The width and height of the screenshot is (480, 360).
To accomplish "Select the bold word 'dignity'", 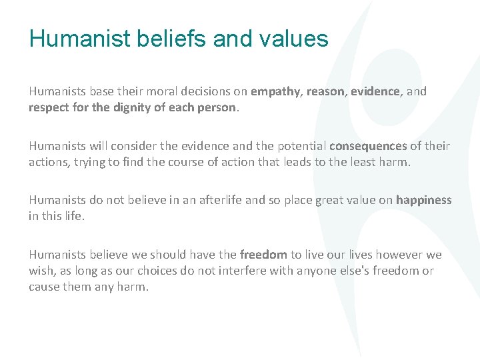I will point(131,107).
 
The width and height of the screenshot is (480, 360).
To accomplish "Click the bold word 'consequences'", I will point(367,146).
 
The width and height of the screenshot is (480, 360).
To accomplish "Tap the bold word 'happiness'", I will point(424,200).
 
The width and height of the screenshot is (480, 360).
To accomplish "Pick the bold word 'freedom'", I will point(263,255).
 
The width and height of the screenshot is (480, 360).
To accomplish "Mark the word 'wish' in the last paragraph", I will point(41,271).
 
